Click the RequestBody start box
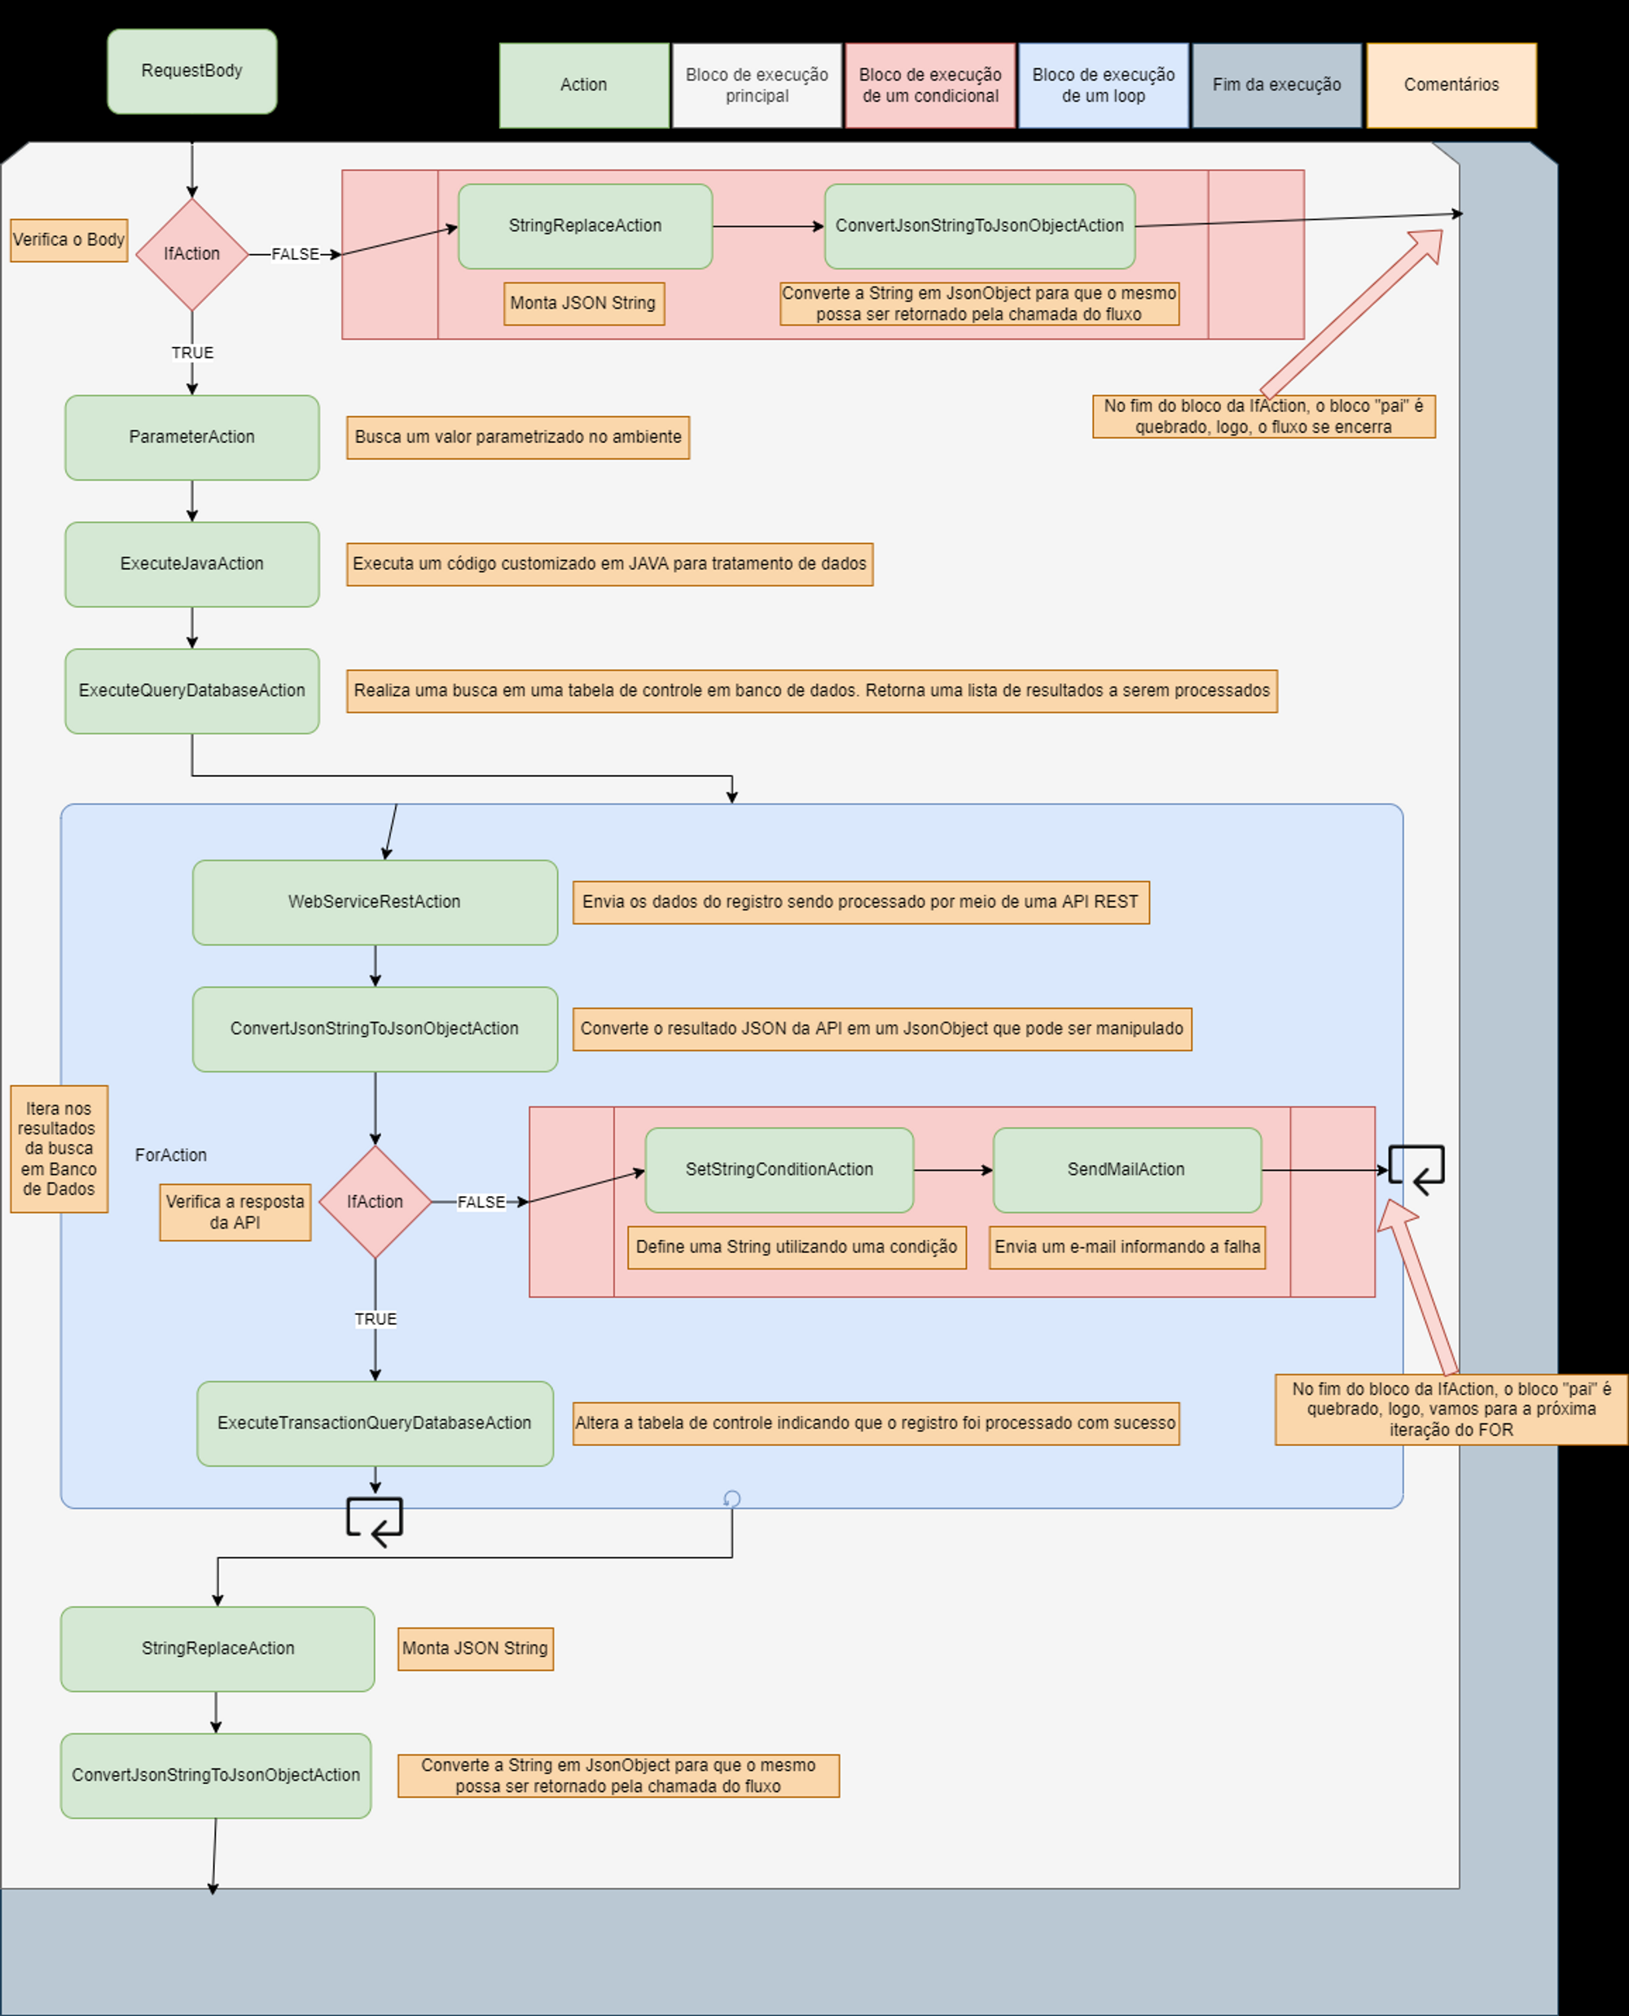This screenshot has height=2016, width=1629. [191, 72]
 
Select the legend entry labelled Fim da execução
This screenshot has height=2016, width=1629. [1276, 85]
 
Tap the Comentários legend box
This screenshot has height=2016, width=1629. [1451, 85]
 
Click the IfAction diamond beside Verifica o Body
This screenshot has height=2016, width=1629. [191, 254]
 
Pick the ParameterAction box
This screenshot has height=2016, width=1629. [191, 437]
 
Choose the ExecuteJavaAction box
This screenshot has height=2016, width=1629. [191, 563]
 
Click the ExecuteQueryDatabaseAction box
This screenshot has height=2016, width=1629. [191, 690]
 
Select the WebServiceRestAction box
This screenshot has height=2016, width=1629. [375, 901]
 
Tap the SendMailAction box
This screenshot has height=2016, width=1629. [1126, 1170]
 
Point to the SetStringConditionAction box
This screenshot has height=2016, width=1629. [779, 1170]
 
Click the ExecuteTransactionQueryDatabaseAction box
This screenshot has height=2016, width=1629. [375, 1423]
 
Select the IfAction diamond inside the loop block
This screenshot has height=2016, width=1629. [375, 1202]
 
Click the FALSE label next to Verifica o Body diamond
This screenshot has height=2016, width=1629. [295, 254]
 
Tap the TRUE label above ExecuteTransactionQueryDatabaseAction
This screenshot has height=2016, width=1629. [375, 1319]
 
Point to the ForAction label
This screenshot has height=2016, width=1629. [171, 1155]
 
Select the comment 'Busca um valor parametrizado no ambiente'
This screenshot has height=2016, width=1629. [518, 437]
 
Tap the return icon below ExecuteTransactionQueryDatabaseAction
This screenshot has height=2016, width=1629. [375, 1521]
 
